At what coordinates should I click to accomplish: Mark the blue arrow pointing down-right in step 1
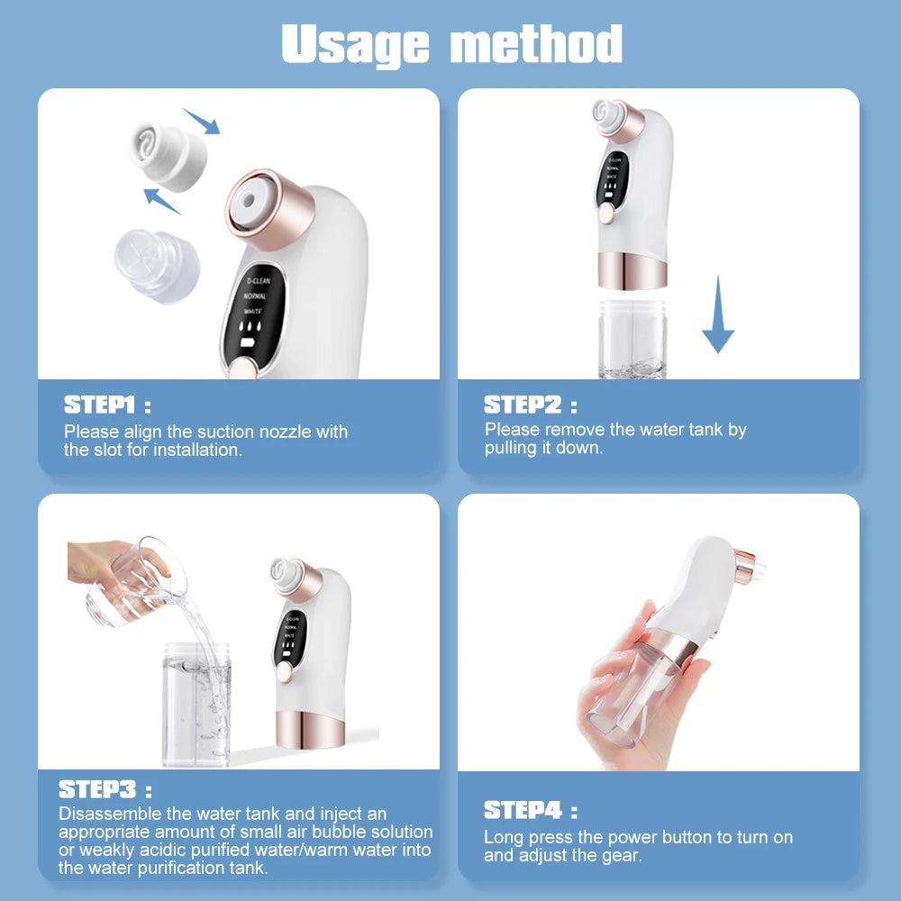tap(201, 121)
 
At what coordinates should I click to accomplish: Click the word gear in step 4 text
tap(623, 856)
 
